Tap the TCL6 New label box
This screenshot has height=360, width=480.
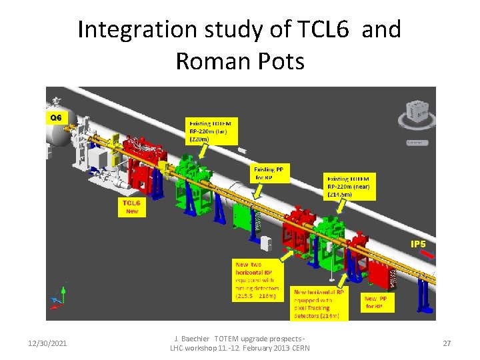(132, 207)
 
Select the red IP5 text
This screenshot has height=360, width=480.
(418, 245)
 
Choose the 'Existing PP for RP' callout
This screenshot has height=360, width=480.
(271, 174)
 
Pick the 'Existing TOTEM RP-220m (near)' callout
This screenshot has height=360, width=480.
(350, 187)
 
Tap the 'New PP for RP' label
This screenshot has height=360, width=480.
(379, 303)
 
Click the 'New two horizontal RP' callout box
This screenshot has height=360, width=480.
(257, 281)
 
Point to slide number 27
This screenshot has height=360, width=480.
(447, 343)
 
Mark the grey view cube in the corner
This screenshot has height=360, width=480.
(416, 112)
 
